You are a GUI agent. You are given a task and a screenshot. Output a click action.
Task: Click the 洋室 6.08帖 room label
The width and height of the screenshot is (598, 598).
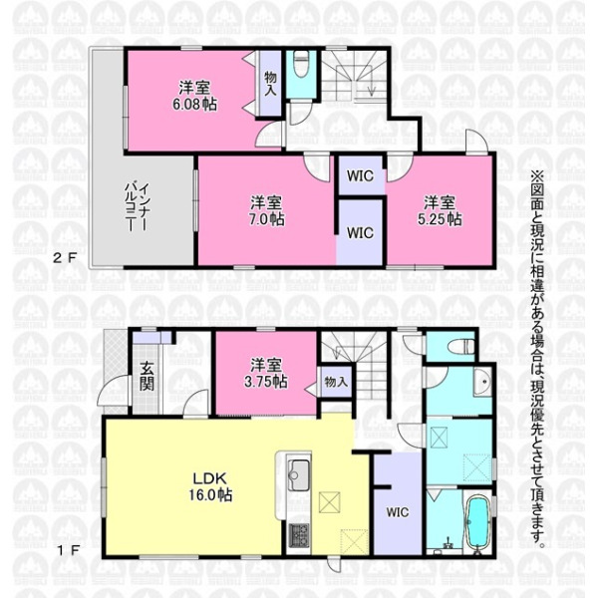[x=194, y=96]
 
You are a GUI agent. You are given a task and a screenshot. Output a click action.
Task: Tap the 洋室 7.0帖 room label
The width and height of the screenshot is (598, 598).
[x=267, y=211]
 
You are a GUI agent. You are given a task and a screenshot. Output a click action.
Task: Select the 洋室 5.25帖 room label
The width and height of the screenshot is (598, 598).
[x=440, y=211]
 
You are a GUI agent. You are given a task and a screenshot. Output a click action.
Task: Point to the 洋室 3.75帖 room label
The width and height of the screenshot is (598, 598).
[x=266, y=374]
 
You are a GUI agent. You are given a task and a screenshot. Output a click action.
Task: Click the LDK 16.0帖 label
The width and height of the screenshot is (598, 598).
[x=210, y=486]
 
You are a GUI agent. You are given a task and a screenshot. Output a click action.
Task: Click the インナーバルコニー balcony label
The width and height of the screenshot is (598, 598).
[x=138, y=207]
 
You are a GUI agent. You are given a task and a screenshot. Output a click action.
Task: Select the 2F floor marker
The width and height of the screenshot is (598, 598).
[x=65, y=258]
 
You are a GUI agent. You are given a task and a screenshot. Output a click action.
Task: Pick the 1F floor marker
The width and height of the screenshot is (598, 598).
[x=68, y=550]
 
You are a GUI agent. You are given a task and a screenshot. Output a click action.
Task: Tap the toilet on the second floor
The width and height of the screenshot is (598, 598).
[x=301, y=64]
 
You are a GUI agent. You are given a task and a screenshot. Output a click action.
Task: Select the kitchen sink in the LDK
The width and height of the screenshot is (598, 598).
[x=299, y=475]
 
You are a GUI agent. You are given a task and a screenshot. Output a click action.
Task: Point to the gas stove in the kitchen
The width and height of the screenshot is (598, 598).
[x=299, y=535]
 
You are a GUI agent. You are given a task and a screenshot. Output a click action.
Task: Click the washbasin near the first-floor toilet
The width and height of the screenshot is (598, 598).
[x=483, y=382]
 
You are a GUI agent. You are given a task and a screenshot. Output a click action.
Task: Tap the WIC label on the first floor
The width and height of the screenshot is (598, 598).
[x=398, y=512]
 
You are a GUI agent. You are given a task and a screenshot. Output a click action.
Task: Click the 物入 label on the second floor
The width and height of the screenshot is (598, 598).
[x=270, y=84]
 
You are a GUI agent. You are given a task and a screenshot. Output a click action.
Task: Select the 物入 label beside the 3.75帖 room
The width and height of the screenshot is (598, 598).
[x=336, y=382]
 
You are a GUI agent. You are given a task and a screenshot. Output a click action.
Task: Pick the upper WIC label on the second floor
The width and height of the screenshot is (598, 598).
[x=360, y=176]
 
